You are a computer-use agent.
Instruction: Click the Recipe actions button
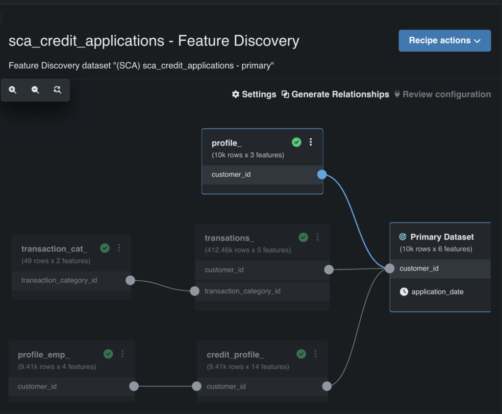click(x=444, y=41)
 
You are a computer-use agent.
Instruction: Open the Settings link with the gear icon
click(x=254, y=95)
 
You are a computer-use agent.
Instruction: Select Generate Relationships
click(x=335, y=95)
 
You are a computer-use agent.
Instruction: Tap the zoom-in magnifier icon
click(x=12, y=90)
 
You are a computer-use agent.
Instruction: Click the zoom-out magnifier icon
click(x=35, y=90)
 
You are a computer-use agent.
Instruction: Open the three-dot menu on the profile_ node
click(x=310, y=142)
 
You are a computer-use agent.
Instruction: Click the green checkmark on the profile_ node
click(x=297, y=142)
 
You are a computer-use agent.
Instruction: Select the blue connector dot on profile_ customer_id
click(x=322, y=174)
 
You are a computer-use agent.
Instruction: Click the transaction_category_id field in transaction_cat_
click(x=59, y=280)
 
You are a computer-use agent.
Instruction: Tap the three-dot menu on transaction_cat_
click(x=119, y=248)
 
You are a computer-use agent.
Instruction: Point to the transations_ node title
click(x=229, y=238)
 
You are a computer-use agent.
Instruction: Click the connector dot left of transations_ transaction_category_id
click(x=195, y=291)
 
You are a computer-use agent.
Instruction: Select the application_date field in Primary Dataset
click(x=437, y=292)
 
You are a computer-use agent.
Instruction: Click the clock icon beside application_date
click(x=404, y=292)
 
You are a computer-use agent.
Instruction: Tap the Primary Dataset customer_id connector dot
click(x=390, y=268)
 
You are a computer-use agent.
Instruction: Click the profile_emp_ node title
click(x=44, y=355)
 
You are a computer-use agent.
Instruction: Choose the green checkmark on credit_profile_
click(x=301, y=354)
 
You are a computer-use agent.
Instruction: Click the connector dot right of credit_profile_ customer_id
click(x=327, y=386)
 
